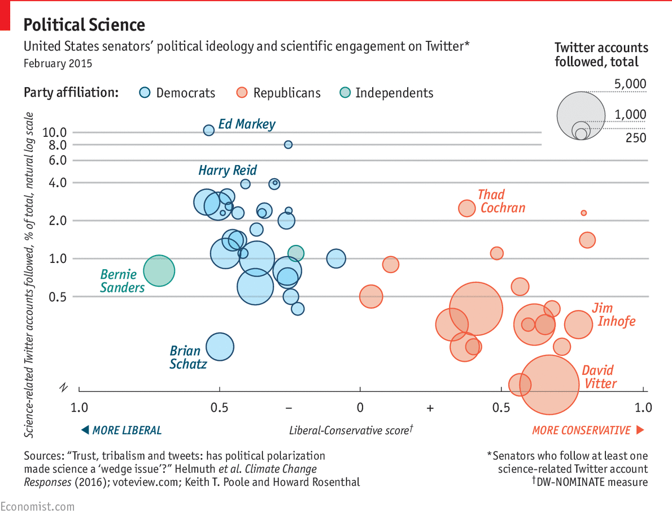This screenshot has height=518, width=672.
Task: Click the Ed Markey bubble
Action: [x=208, y=130]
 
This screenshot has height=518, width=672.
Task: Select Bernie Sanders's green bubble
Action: [x=159, y=270]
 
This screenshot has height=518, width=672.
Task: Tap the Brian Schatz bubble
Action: [x=220, y=347]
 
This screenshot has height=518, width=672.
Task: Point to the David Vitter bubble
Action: [x=549, y=385]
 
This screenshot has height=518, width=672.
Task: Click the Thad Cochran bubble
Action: [x=466, y=208]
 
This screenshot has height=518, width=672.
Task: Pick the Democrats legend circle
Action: [x=145, y=93]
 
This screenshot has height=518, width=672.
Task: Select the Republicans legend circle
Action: [x=242, y=93]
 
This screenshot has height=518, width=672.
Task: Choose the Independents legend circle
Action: [x=344, y=93]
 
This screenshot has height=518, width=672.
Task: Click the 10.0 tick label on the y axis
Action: [x=55, y=132]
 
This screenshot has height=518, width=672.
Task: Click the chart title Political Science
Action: [x=84, y=25]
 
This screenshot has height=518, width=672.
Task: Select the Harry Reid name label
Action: [x=228, y=170]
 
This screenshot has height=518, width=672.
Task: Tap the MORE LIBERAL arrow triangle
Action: [x=85, y=430]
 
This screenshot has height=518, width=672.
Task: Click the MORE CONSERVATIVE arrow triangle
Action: [x=640, y=430]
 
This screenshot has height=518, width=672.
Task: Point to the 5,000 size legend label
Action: [x=630, y=84]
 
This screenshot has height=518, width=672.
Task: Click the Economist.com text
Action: [x=37, y=507]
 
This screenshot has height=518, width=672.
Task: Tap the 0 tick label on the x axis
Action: [x=360, y=408]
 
